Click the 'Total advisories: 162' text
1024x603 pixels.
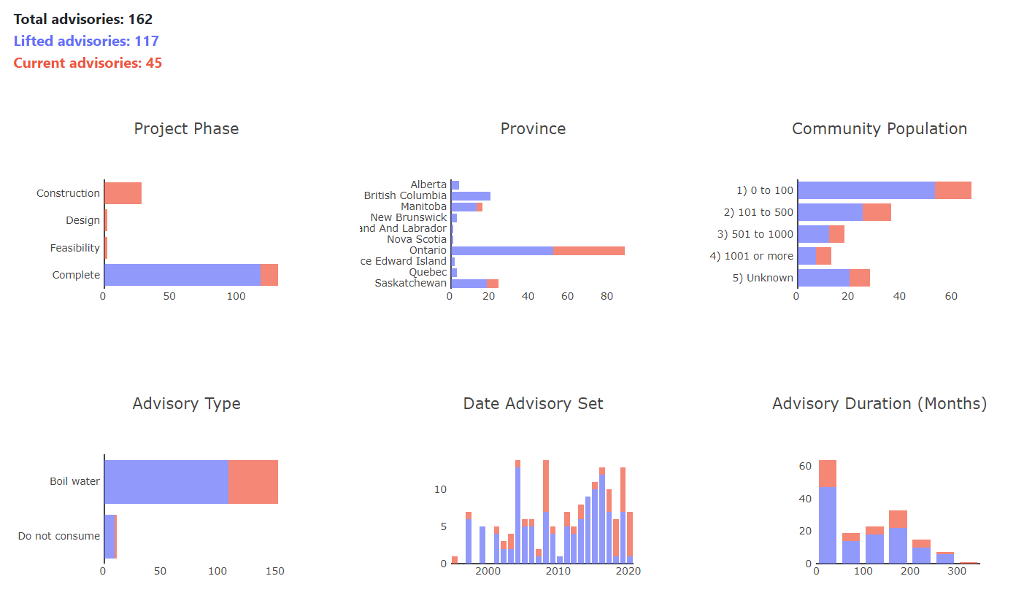[x=83, y=20]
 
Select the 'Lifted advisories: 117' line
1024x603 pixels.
[x=86, y=42]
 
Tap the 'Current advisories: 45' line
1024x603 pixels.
[x=88, y=63]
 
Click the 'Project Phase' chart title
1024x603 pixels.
[x=186, y=129]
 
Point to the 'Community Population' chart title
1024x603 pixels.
[x=879, y=129]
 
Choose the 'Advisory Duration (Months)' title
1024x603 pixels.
[x=879, y=404]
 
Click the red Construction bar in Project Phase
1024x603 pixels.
[x=123, y=193]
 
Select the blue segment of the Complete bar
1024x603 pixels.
[x=182, y=275]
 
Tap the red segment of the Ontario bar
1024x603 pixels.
[x=588, y=250]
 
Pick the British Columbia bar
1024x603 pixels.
[x=471, y=195]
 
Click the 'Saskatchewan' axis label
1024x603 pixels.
[x=410, y=283]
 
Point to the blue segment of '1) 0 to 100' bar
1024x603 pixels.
[x=866, y=190]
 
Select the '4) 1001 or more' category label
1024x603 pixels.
[x=751, y=256]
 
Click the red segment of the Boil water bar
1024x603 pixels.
[x=253, y=481]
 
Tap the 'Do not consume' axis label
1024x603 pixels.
[x=58, y=536]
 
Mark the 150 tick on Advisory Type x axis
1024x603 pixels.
[x=274, y=572]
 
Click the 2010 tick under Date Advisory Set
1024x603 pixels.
[x=558, y=572]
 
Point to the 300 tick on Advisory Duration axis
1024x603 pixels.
[x=957, y=572]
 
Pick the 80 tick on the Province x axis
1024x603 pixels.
[x=607, y=297]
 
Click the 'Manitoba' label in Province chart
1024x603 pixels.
[x=423, y=206]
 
